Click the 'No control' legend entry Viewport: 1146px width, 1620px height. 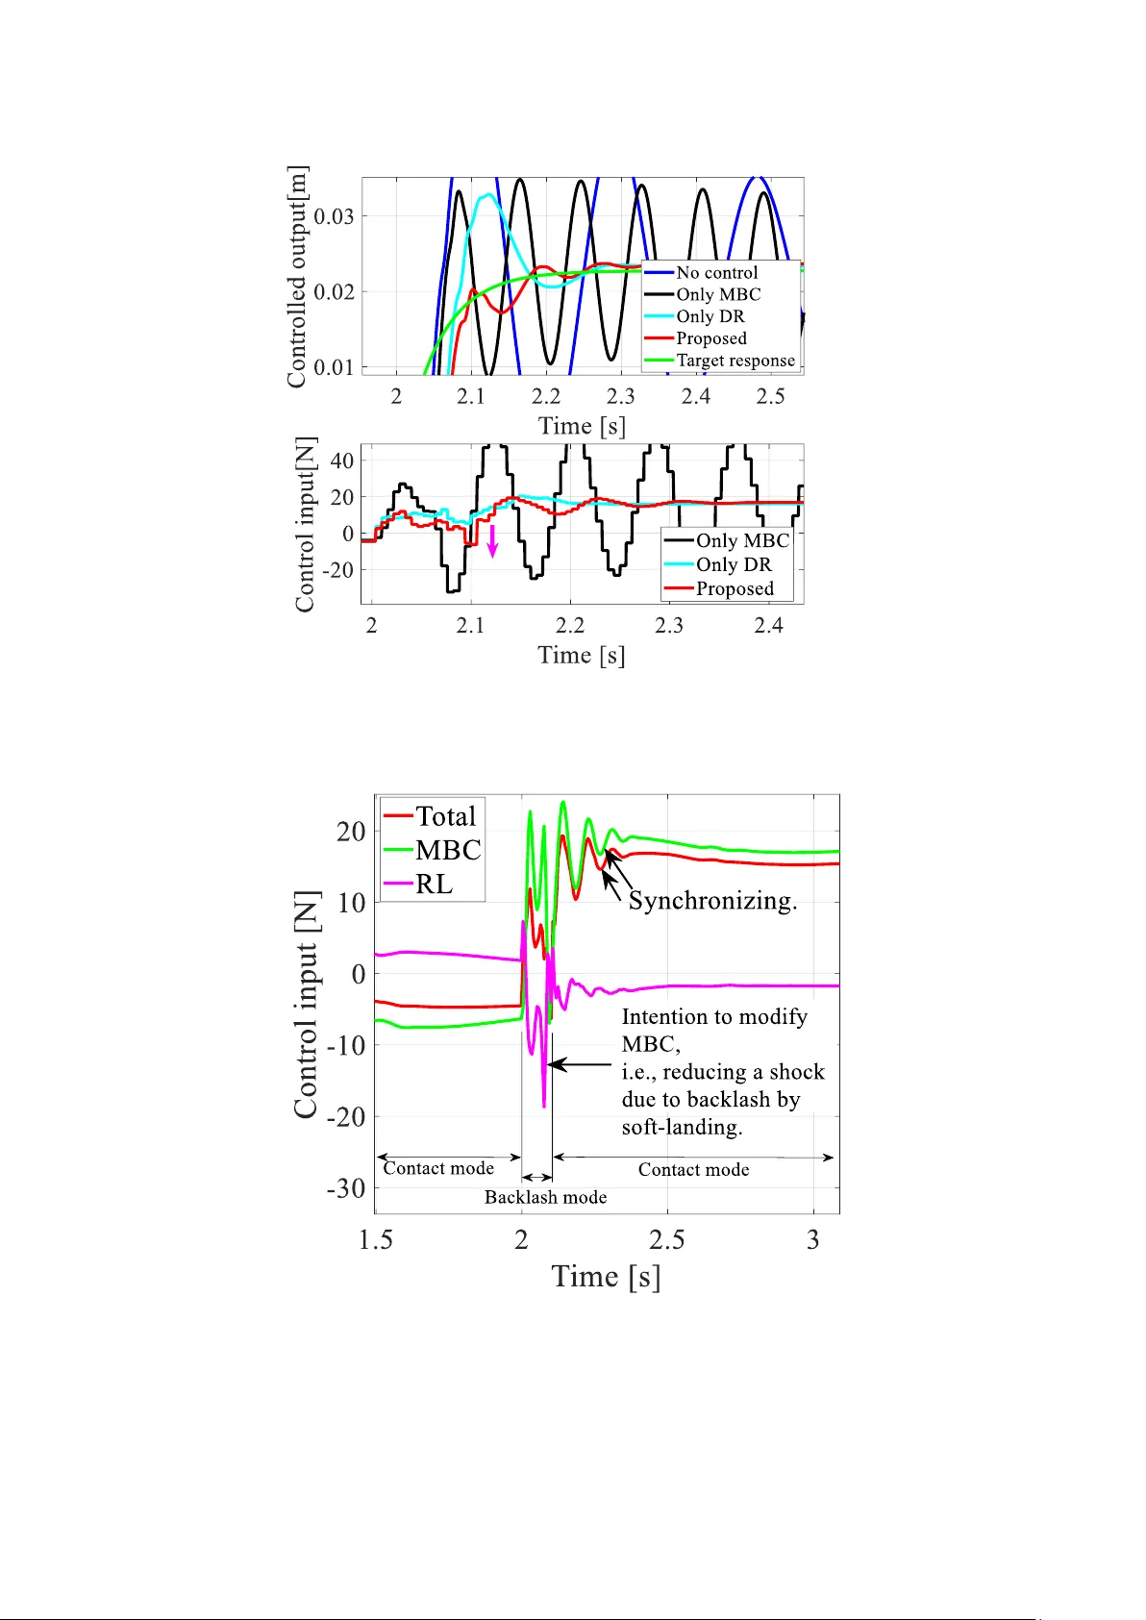[x=716, y=273]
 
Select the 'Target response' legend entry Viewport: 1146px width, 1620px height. [x=735, y=361]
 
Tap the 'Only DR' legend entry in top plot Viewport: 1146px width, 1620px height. [x=710, y=316]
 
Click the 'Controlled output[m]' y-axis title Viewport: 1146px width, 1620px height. [x=297, y=277]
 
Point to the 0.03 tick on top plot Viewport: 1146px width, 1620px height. [x=334, y=216]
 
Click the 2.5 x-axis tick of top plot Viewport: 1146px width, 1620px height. [x=770, y=396]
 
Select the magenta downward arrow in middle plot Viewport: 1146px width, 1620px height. [x=492, y=541]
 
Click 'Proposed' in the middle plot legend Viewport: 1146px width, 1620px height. [x=735, y=588]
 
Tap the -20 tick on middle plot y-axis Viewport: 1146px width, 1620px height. [x=337, y=570]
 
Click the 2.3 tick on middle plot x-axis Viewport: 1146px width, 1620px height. [x=669, y=625]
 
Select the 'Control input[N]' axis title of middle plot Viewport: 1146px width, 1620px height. [x=305, y=525]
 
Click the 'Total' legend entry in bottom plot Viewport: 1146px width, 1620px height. [x=445, y=816]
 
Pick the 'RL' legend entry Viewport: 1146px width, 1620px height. [x=434, y=885]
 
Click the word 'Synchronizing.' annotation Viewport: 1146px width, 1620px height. [x=712, y=901]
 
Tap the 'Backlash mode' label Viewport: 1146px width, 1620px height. [x=545, y=1197]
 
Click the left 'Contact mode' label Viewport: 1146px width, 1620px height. [x=438, y=1168]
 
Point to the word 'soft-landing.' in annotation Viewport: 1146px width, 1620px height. [x=682, y=1127]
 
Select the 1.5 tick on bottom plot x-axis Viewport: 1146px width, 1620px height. [x=376, y=1240]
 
